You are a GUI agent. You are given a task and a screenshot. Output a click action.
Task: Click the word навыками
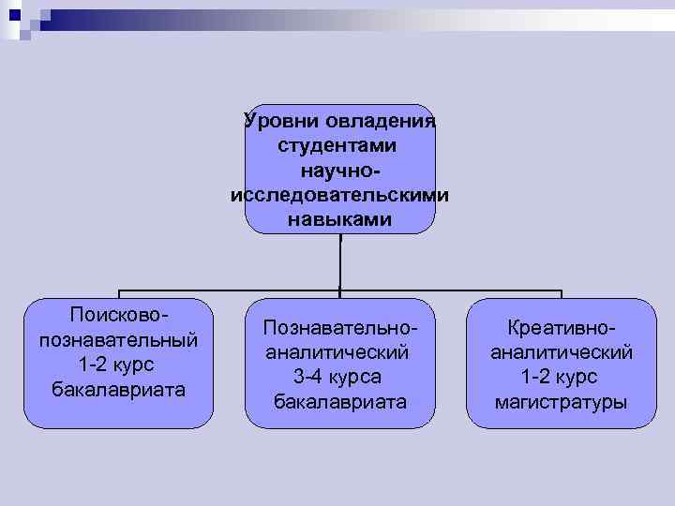point(339,221)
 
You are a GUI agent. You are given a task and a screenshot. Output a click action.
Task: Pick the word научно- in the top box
point(341,171)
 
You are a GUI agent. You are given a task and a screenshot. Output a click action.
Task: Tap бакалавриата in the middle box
point(339,402)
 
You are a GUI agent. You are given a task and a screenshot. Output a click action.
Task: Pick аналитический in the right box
point(561,352)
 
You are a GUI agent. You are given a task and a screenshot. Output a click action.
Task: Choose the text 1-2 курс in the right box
point(561,377)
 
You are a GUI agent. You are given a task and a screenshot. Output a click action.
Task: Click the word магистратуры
point(561,402)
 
